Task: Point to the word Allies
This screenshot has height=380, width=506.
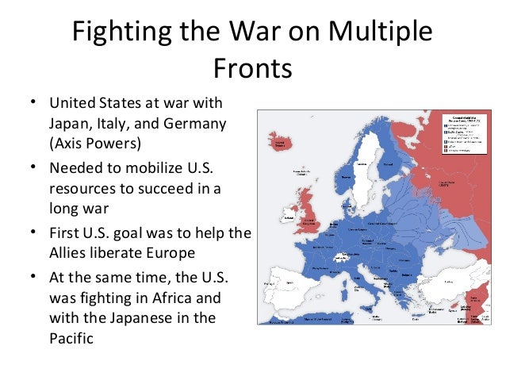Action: (73, 254)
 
